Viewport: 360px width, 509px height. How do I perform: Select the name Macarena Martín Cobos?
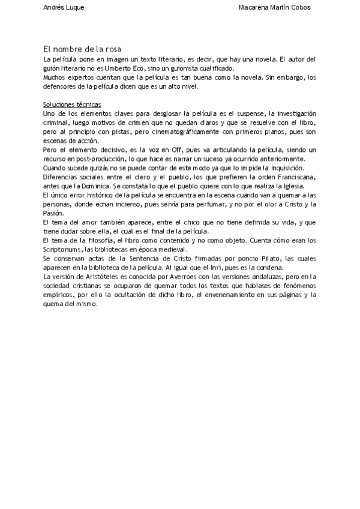274,8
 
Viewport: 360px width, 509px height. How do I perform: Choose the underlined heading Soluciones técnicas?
72,105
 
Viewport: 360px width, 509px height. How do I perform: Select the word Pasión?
55,213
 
